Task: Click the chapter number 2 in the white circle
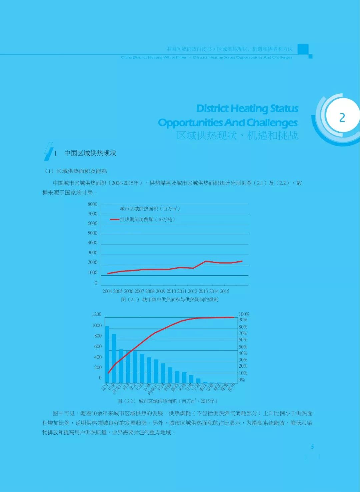tap(342, 117)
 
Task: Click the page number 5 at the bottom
tap(312, 447)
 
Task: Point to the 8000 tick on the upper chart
tap(92, 204)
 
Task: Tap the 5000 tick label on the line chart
tap(92, 233)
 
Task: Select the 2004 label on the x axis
tap(107, 291)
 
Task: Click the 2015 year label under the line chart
tap(224, 291)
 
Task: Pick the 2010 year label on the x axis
tap(171, 291)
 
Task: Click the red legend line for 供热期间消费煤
tap(115, 219)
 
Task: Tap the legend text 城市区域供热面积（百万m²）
tap(150, 209)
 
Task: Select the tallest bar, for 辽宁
tap(107, 354)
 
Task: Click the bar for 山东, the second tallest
tap(114, 358)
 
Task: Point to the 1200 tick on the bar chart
tap(97, 314)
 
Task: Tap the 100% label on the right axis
tap(244, 314)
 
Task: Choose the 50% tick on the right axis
tap(243, 347)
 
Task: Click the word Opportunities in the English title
tap(191, 122)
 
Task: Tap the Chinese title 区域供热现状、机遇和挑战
tap(237, 135)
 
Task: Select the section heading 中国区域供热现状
tap(90, 153)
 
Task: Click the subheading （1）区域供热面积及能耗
tap(76, 171)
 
